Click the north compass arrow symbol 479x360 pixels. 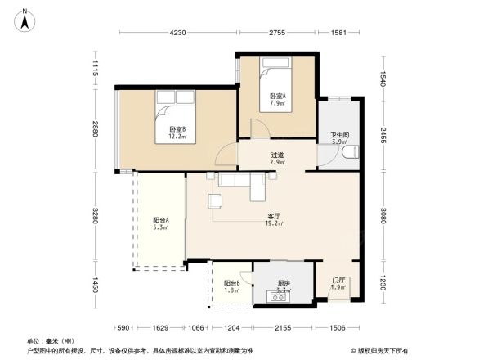pos(26,19)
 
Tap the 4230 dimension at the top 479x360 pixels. pos(178,33)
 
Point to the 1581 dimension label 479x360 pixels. pos(338,33)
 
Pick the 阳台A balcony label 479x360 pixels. pos(160,223)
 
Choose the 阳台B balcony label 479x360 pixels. pos(231,286)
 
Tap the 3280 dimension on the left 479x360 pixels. pos(96,217)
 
